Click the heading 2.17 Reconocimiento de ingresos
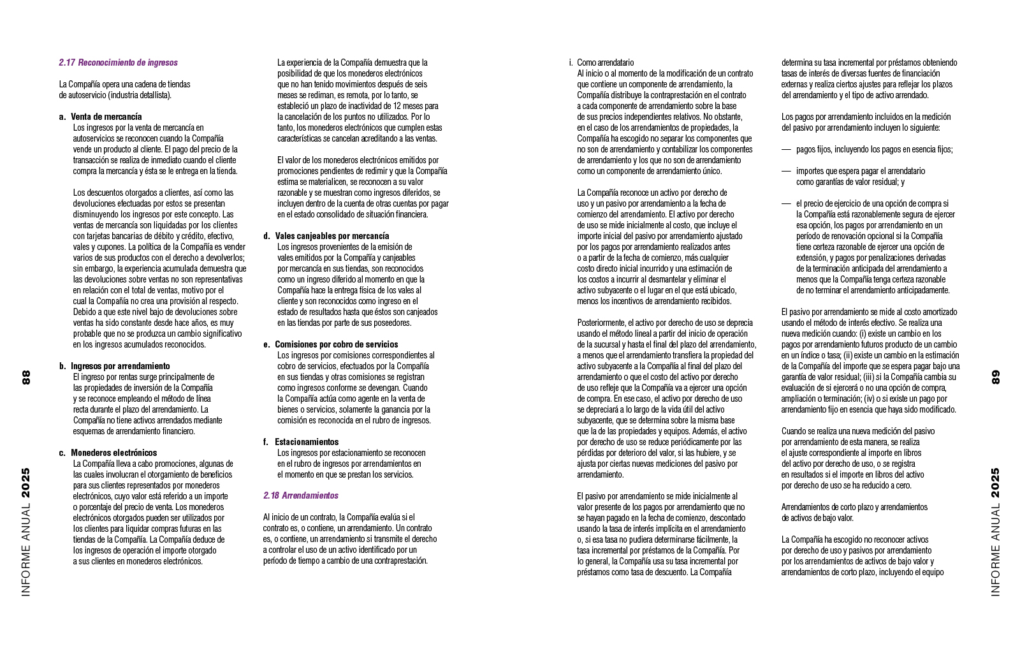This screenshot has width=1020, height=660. click(x=118, y=62)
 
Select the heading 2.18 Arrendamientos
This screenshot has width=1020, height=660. click(x=300, y=495)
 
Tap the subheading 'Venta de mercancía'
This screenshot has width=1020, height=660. click(x=106, y=117)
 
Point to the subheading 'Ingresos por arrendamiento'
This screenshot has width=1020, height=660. click(x=120, y=366)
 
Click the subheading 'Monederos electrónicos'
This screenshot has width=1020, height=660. click(x=113, y=453)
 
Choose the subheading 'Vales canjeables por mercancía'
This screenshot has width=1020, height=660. click(x=331, y=236)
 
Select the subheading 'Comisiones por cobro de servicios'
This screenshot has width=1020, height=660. click(x=336, y=344)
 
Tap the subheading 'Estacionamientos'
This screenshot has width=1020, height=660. click(x=307, y=442)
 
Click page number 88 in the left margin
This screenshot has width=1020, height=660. click(x=26, y=377)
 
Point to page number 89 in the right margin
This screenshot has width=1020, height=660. click(x=996, y=377)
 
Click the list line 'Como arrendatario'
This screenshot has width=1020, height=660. click(x=605, y=62)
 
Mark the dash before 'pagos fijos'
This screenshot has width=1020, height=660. click(x=786, y=149)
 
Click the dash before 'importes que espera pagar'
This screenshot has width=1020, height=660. click(x=786, y=171)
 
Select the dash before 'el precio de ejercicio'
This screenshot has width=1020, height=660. click(x=786, y=203)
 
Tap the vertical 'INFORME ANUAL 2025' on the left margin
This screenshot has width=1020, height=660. click(x=26, y=532)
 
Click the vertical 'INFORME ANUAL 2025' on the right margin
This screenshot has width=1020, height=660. click(x=996, y=532)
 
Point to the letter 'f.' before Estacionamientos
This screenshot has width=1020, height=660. click(x=266, y=442)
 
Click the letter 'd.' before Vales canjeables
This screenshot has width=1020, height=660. click(x=266, y=236)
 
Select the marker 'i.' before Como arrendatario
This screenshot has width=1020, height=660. click(x=571, y=62)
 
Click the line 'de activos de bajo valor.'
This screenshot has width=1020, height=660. click(x=817, y=518)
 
